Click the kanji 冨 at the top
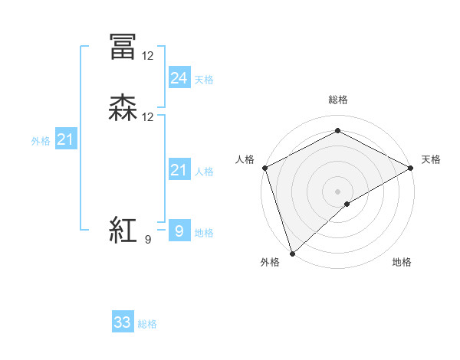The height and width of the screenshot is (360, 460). (x=123, y=47)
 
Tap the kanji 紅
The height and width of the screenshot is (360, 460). (x=123, y=230)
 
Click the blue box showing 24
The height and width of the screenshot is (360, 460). (x=179, y=78)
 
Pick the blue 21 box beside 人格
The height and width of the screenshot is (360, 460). (x=179, y=170)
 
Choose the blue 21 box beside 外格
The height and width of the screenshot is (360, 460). (x=65, y=139)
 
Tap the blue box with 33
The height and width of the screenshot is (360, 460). (x=123, y=322)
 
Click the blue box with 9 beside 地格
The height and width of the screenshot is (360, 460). (x=179, y=231)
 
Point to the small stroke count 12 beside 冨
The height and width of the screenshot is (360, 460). (x=148, y=56)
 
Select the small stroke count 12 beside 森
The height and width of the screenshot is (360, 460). (x=148, y=117)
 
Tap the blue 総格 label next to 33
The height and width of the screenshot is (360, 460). (x=147, y=324)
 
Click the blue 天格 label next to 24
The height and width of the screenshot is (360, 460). (x=204, y=80)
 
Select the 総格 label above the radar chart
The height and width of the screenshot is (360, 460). (x=337, y=100)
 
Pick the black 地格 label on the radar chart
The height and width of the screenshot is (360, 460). (x=402, y=263)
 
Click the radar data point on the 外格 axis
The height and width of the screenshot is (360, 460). (x=291, y=252)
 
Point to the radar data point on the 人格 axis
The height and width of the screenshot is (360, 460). (x=264, y=168)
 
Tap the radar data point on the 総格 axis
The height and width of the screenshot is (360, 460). (x=337, y=131)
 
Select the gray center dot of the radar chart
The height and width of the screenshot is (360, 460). (x=337, y=191)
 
